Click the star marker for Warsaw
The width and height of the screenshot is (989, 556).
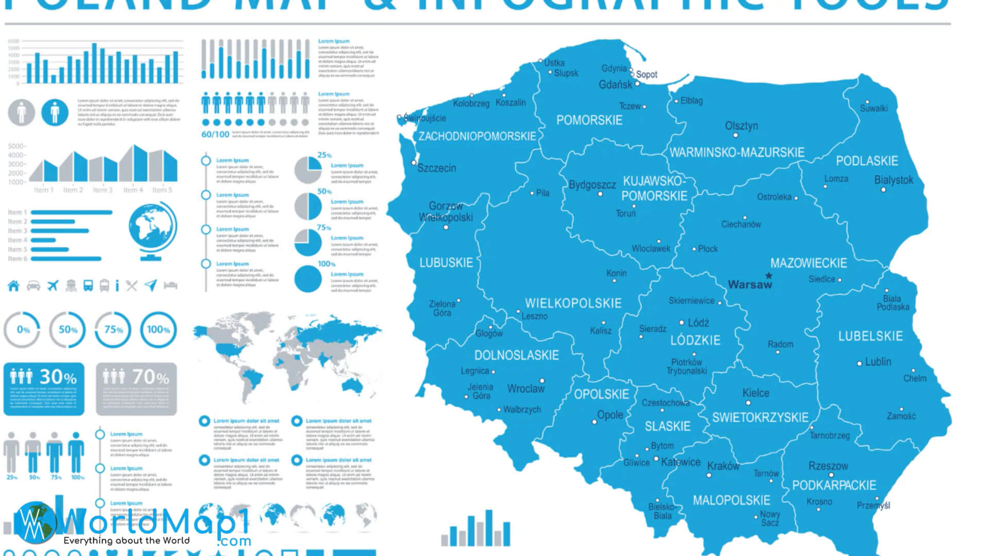[769, 275]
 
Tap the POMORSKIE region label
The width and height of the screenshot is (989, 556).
[589, 120]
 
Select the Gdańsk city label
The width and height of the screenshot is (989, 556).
[615, 84]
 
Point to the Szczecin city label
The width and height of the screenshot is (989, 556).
[436, 168]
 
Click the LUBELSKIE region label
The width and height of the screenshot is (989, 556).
[871, 337]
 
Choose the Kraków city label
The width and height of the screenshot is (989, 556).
[723, 466]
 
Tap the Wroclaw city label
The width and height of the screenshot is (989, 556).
[525, 389]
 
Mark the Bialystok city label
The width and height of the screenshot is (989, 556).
[893, 180]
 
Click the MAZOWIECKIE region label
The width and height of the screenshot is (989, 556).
[808, 263]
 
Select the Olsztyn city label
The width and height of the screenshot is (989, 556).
[741, 126]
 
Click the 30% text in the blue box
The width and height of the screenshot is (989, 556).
[58, 377]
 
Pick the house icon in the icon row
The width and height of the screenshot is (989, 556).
[13, 286]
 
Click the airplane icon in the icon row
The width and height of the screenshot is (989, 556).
[53, 286]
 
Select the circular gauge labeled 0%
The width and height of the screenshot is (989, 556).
[23, 329]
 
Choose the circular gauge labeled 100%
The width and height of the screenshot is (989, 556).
[158, 329]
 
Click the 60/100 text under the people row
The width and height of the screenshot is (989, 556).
[215, 134]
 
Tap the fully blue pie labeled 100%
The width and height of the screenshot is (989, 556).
[308, 279]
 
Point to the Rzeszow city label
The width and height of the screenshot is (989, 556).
[828, 466]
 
